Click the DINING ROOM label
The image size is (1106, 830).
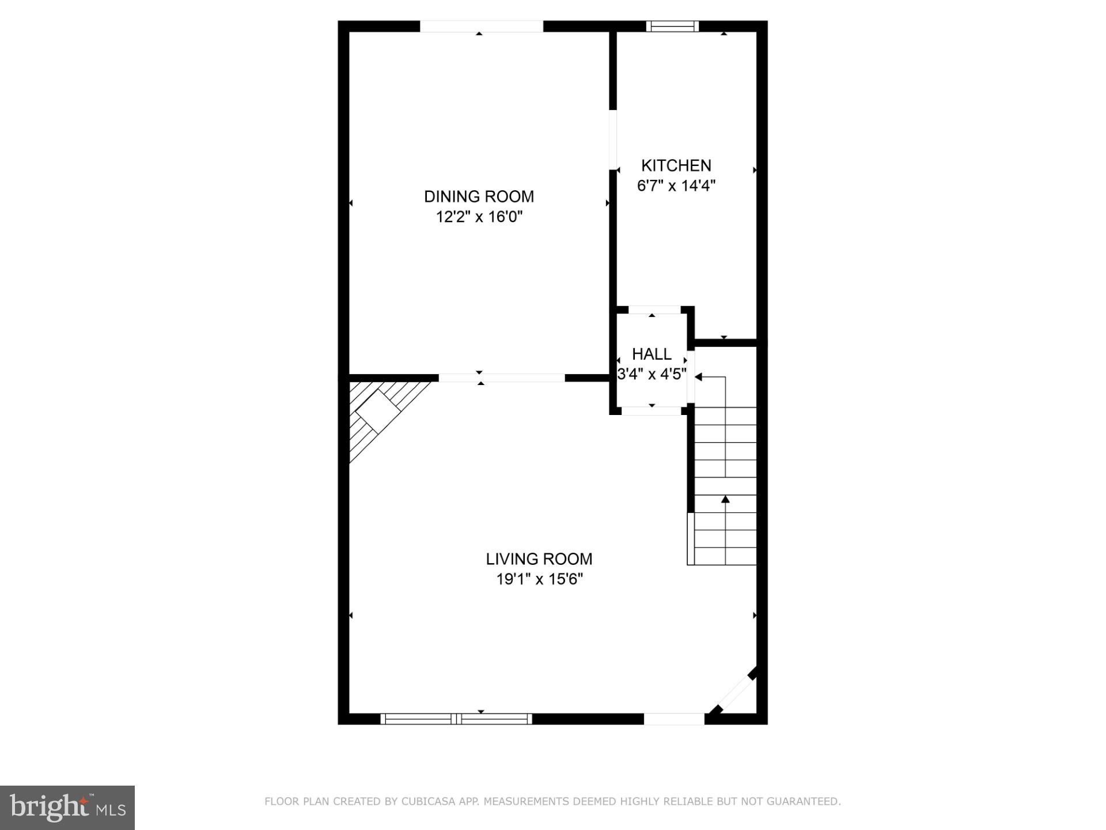pyautogui.click(x=479, y=197)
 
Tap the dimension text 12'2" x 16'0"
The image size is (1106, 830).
pyautogui.click(x=479, y=217)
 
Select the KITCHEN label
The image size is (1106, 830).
pyautogui.click(x=676, y=165)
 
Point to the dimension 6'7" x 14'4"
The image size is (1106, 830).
pyautogui.click(x=676, y=186)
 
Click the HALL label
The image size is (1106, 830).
pyautogui.click(x=652, y=354)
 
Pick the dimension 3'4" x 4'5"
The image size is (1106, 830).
pyautogui.click(x=652, y=374)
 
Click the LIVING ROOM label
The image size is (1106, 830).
pyautogui.click(x=539, y=559)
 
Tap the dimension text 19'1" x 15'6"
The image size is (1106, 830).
pyautogui.click(x=539, y=579)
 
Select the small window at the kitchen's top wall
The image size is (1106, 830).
pyautogui.click(x=672, y=26)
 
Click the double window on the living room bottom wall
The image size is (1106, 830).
pyautogui.click(x=456, y=718)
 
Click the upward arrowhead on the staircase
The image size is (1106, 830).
pyautogui.click(x=725, y=499)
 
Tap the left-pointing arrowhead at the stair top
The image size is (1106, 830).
pyautogui.click(x=698, y=377)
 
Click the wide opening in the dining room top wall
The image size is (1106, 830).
pyautogui.click(x=481, y=26)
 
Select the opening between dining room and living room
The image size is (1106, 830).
pyautogui.click(x=501, y=378)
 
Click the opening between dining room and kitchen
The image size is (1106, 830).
pyautogui.click(x=613, y=139)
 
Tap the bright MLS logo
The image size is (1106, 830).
pyautogui.click(x=67, y=808)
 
